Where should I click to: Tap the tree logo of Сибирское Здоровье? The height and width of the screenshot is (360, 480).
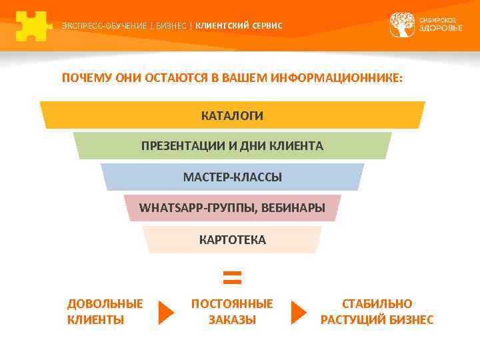402,25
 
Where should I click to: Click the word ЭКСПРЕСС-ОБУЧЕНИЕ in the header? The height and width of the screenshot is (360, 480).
104,26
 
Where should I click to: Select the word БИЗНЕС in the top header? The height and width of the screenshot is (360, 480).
171,26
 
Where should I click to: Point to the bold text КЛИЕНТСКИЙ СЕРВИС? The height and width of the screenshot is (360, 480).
239,26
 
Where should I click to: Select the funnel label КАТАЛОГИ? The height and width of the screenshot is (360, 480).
232,115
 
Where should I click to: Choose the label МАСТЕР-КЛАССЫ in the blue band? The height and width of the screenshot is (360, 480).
232,177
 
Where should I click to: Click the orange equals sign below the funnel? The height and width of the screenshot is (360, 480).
231,277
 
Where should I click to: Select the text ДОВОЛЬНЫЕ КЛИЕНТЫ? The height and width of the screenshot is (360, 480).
105,311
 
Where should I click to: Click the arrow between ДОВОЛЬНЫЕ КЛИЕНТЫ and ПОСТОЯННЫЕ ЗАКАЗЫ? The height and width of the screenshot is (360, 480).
165,312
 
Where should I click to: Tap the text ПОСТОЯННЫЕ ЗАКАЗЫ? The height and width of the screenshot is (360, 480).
232,311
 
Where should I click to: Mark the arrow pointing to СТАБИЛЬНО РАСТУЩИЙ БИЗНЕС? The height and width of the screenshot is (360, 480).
299,312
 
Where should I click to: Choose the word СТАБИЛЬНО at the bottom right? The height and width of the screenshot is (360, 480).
377,304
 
